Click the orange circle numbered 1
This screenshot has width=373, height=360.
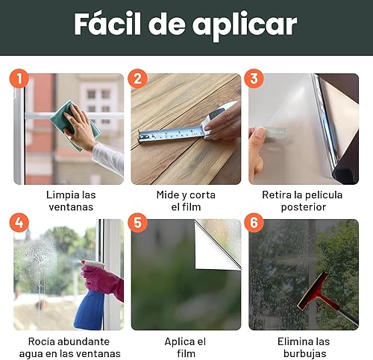[x=19, y=78]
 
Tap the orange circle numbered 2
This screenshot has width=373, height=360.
[x=137, y=78]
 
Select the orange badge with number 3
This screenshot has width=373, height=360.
[x=254, y=78]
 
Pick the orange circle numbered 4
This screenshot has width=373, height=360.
[x=19, y=223]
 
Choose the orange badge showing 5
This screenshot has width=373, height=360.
[x=137, y=223]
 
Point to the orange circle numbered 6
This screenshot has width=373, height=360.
[x=254, y=223]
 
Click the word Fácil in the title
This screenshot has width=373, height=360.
[x=107, y=24]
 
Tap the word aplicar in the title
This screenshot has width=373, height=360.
[x=245, y=27]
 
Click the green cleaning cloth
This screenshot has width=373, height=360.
[x=75, y=125]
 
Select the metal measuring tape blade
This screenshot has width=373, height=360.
[x=171, y=134]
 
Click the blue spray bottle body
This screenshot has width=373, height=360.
[x=89, y=310]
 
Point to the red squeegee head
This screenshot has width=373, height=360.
[x=313, y=290]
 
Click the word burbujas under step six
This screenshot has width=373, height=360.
[x=304, y=353]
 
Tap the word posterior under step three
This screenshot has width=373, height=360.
[x=304, y=207]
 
